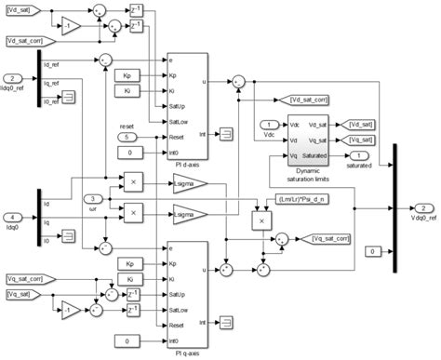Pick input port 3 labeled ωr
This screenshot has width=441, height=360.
click(x=92, y=198)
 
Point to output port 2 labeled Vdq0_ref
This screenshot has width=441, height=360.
click(x=423, y=208)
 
